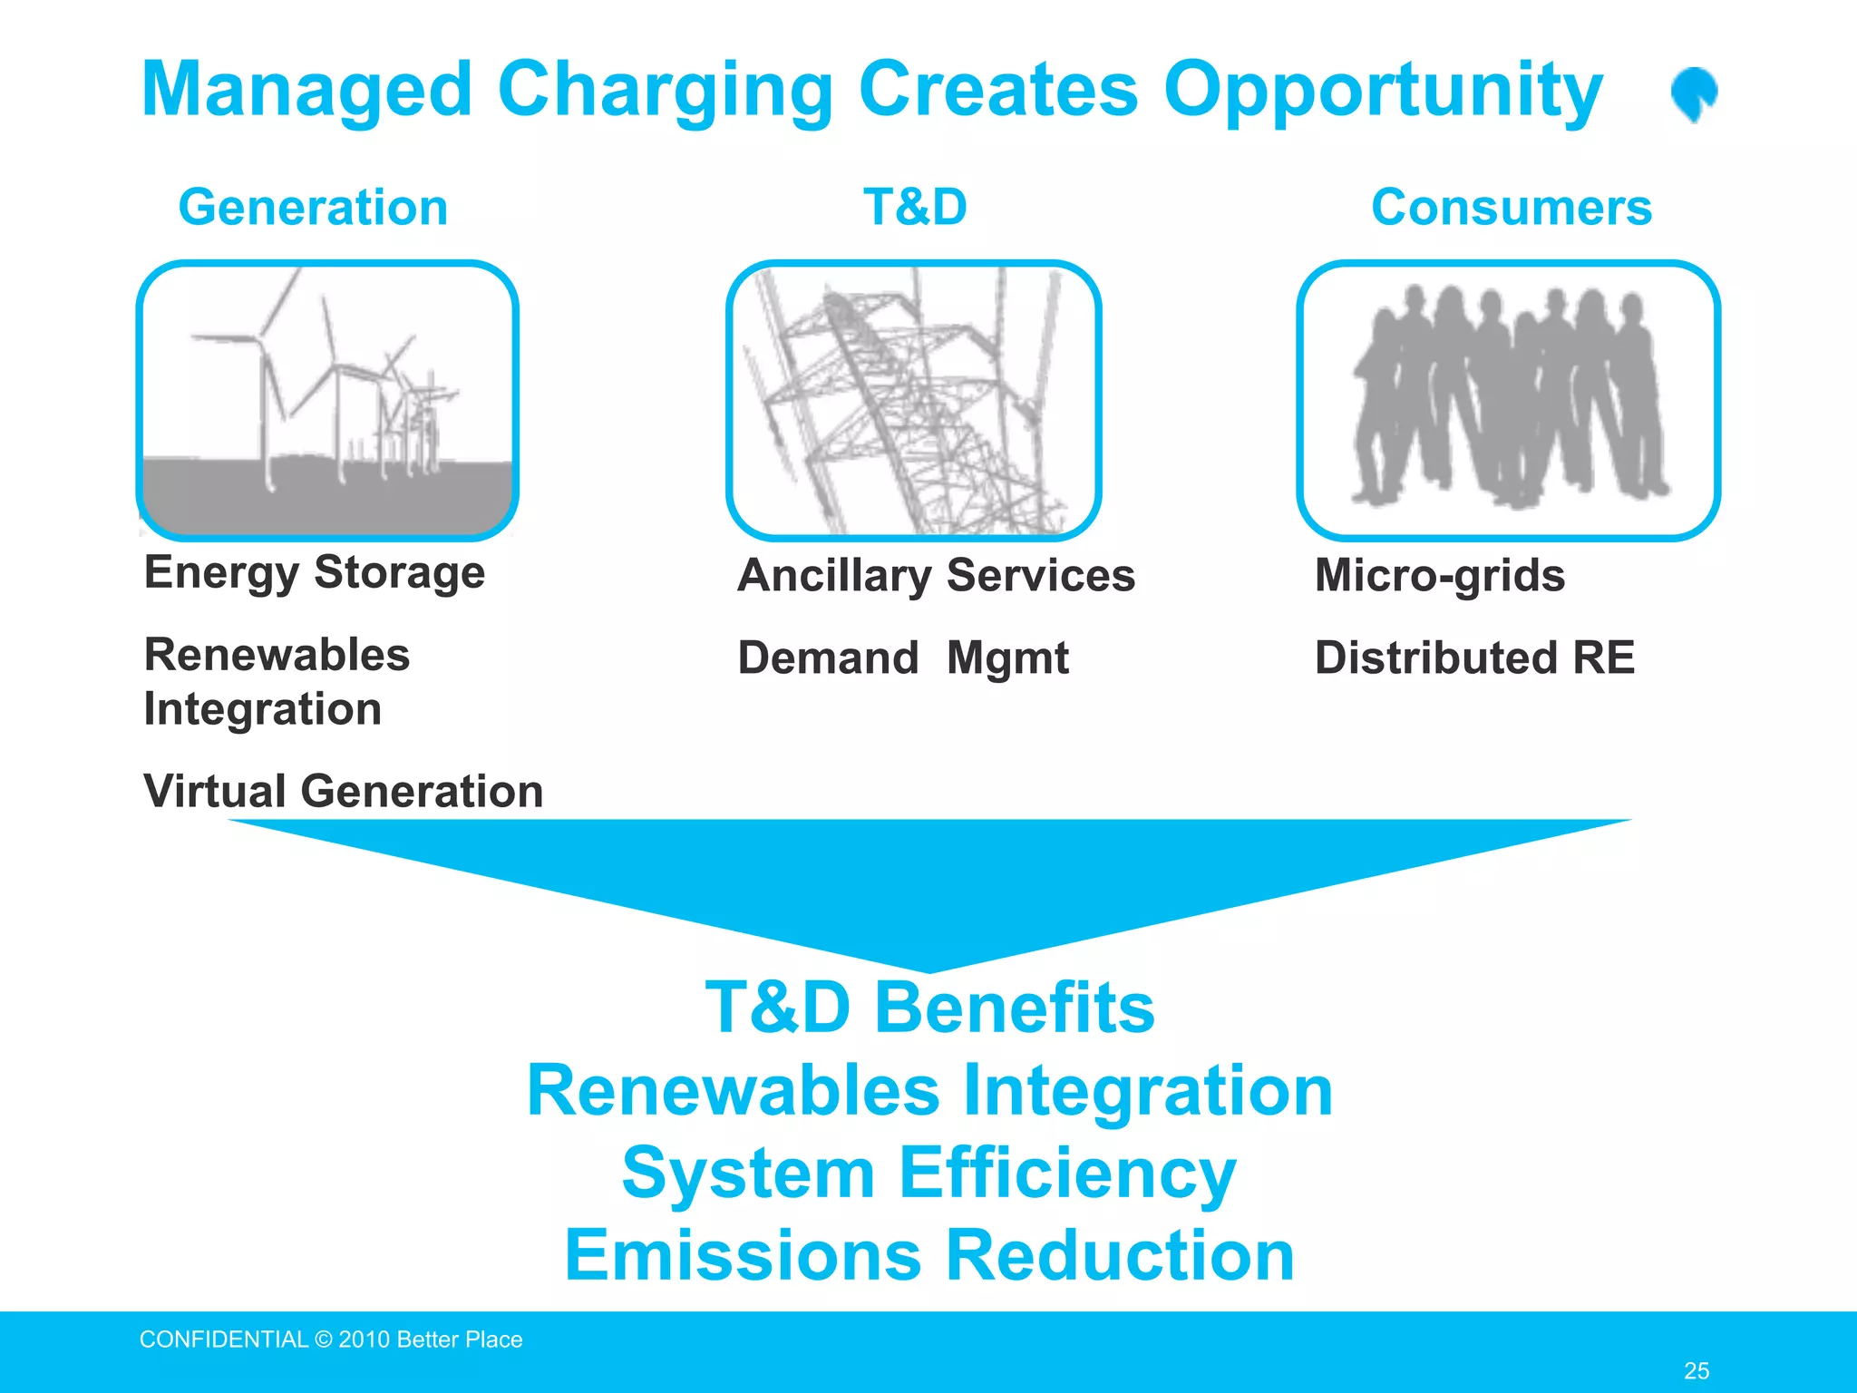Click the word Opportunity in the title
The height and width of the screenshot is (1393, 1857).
tap(1383, 91)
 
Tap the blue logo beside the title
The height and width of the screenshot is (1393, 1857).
tap(1693, 93)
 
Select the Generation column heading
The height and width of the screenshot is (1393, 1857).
tap(313, 208)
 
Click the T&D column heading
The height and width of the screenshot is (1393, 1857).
tap(915, 207)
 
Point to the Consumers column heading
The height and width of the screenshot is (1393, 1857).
tap(1511, 208)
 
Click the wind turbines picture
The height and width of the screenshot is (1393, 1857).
tap(327, 400)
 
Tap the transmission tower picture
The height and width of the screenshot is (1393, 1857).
tap(913, 400)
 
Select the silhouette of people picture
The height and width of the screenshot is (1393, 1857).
tap(1508, 400)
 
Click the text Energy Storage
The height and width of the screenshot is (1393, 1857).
tap(315, 573)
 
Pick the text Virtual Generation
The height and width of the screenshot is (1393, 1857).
tap(344, 791)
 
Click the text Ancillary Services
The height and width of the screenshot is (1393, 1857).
tap(936, 576)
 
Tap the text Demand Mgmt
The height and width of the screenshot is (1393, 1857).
tap(903, 658)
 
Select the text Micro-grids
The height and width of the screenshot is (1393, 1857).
tap(1440, 576)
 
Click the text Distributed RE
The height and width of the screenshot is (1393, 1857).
tap(1474, 658)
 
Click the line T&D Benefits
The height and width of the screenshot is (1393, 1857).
tap(929, 1008)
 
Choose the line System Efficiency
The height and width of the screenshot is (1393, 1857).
tap(929, 1173)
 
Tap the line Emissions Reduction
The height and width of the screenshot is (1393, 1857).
tap(929, 1255)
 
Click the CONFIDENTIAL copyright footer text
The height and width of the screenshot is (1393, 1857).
tap(331, 1339)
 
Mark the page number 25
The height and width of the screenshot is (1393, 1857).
tap(1696, 1370)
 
